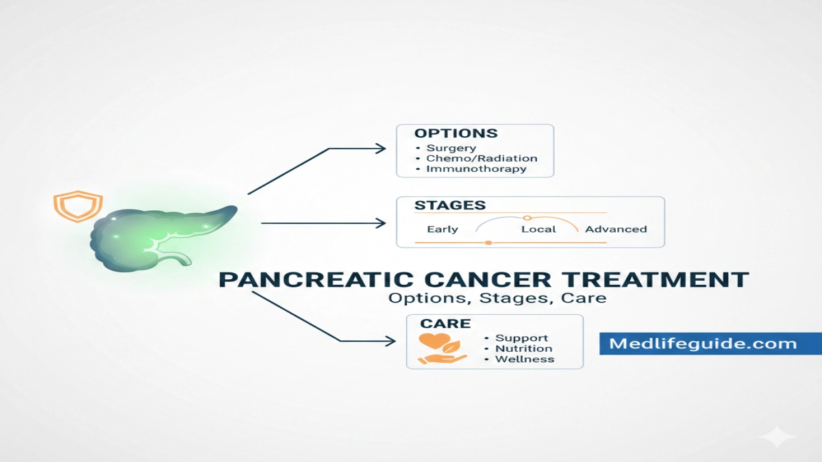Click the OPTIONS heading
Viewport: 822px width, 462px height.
[456, 133]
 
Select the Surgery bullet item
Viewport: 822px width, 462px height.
[451, 148]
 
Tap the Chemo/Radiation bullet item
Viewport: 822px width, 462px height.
[482, 158]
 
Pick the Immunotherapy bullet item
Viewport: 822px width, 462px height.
[476, 168]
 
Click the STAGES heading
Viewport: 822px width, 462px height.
[450, 205]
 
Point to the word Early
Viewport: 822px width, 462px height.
[443, 229]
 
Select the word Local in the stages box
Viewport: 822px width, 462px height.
[538, 229]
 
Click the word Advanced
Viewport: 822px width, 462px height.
[616, 229]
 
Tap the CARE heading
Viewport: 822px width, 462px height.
[446, 323]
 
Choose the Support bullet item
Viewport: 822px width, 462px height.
[521, 338]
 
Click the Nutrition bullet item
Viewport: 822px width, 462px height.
[523, 348]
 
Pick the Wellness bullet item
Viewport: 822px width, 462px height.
[525, 359]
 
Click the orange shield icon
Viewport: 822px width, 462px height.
[77, 205]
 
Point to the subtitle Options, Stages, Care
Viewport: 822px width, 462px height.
[497, 298]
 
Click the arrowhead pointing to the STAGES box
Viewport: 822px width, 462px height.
[381, 223]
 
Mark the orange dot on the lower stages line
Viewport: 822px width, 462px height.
[488, 242]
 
